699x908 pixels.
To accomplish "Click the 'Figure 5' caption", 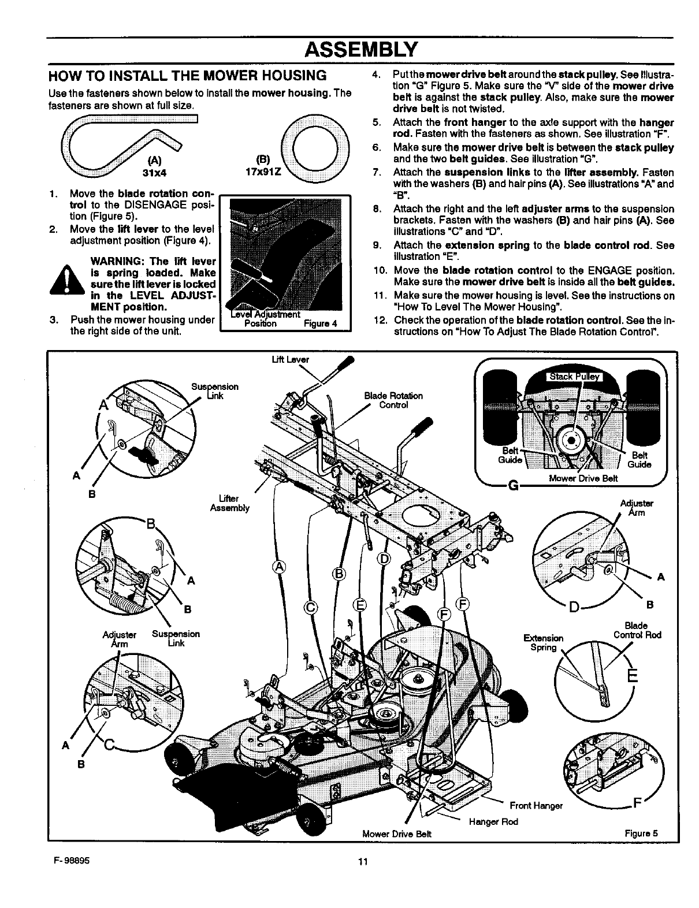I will pos(641,833).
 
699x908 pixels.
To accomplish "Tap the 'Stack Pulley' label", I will pos(574,377).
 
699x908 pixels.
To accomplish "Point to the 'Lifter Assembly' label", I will pos(229,503).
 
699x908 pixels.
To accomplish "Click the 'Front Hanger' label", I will pos(536,806).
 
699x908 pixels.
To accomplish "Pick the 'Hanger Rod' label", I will pos(493,821).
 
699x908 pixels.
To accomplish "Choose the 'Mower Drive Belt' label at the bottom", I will pos(397,833).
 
